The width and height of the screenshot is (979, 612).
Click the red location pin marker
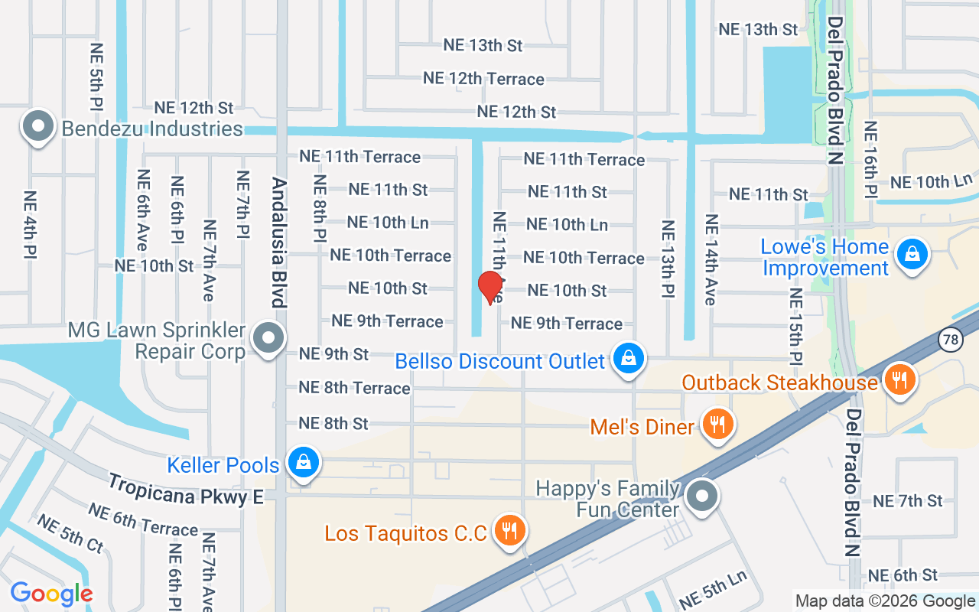489,288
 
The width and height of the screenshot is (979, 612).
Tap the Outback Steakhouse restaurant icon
899,379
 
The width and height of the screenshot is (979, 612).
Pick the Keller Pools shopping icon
304,463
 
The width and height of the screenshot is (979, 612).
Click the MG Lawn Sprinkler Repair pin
268,337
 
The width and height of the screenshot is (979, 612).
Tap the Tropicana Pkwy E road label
185,490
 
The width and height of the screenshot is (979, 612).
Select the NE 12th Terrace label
483,79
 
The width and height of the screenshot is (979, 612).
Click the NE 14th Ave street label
711,260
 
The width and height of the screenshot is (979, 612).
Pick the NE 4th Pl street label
31,224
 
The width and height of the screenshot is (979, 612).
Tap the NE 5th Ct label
70,534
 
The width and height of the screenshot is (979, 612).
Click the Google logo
51,594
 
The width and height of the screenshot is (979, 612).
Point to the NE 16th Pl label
870,158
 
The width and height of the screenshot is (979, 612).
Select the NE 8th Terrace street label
354,388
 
